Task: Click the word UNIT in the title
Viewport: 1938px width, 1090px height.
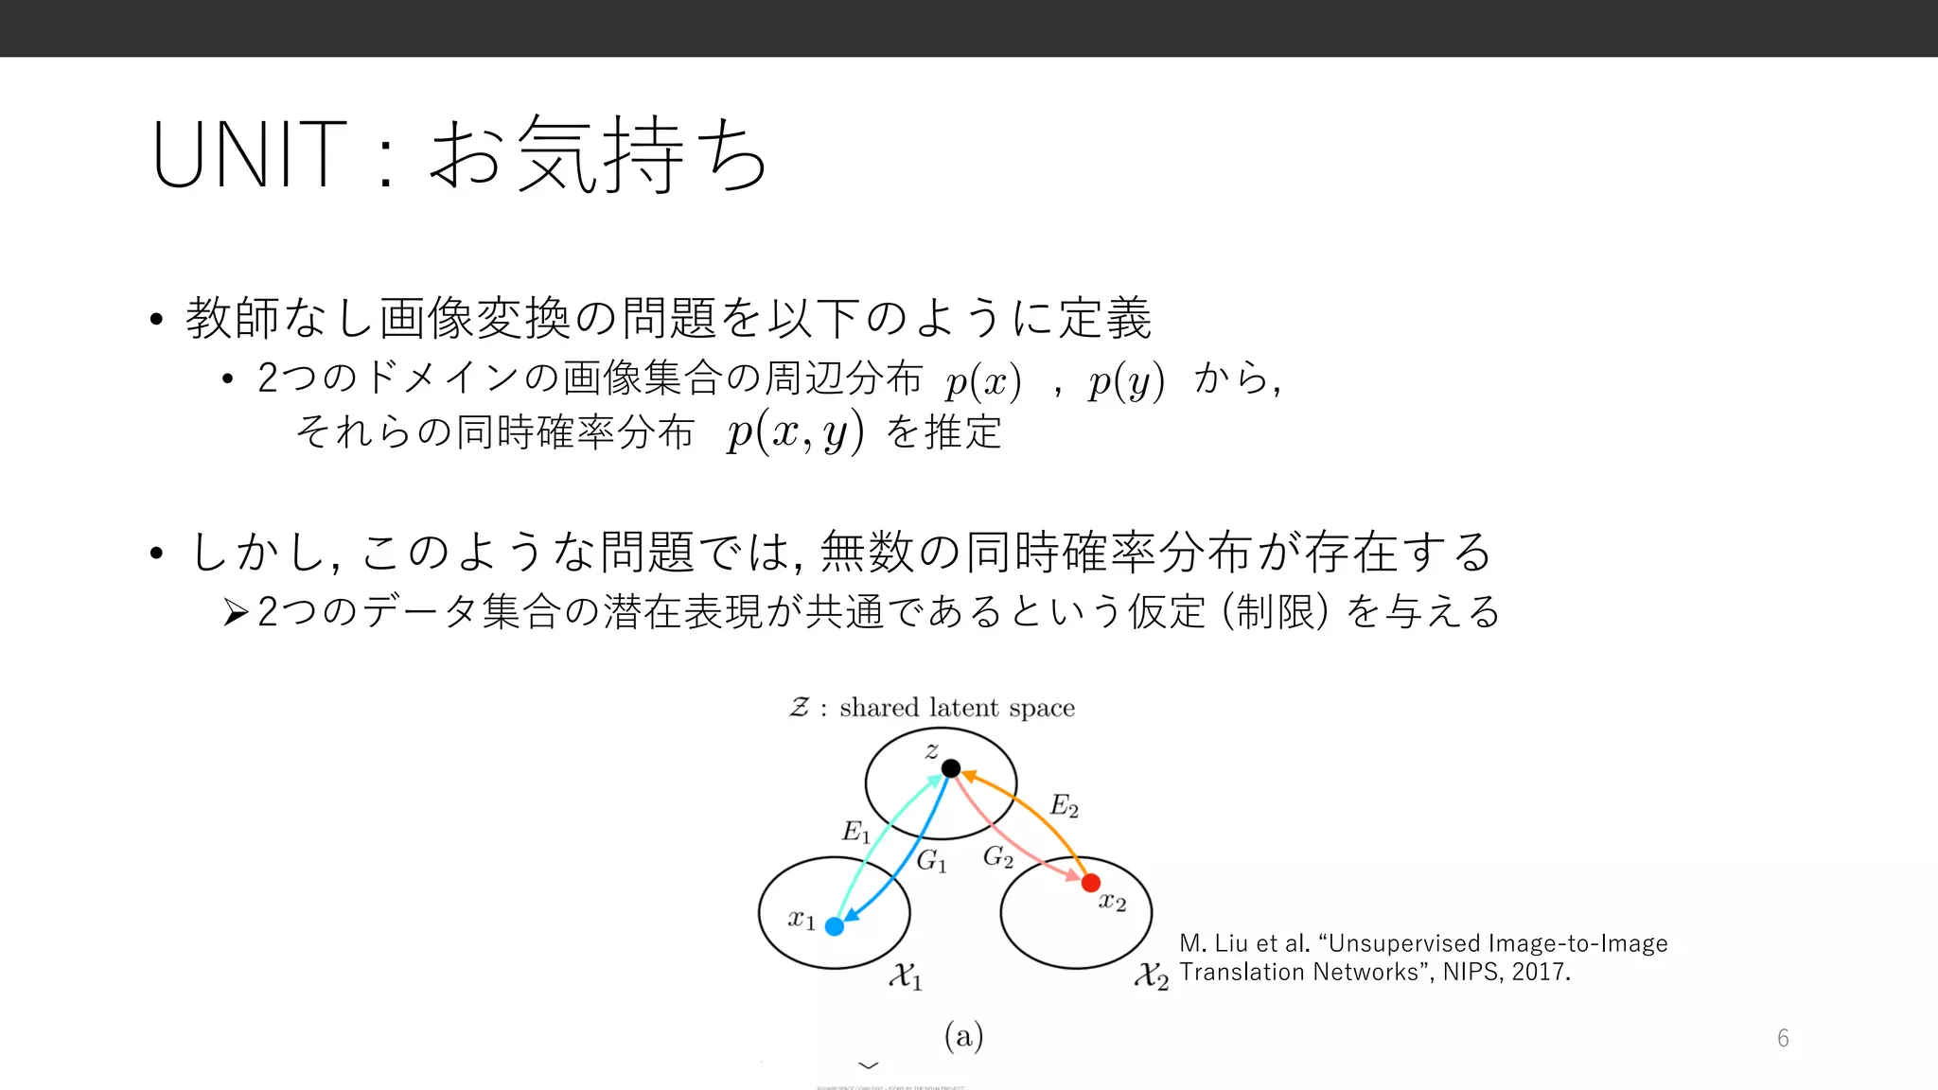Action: (x=248, y=154)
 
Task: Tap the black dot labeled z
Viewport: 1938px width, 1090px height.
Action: (x=951, y=768)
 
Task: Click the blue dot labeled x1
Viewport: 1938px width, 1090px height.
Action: (x=835, y=926)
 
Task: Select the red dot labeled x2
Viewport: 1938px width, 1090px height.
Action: (x=1091, y=883)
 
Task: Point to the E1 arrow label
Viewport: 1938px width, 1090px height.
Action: (x=855, y=832)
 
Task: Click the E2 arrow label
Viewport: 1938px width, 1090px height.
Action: (x=1064, y=806)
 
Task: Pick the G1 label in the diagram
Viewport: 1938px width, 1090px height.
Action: (x=931, y=861)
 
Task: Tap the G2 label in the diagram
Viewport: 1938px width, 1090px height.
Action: (x=997, y=857)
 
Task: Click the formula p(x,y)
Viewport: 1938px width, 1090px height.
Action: (x=795, y=433)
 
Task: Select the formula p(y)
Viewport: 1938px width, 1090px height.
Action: (x=1126, y=381)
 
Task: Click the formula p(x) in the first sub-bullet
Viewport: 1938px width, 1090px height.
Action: (x=983, y=381)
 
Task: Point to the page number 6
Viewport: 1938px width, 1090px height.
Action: (x=1783, y=1038)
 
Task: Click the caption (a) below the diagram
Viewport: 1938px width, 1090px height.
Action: (x=963, y=1036)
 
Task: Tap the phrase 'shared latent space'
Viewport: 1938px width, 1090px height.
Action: (x=957, y=708)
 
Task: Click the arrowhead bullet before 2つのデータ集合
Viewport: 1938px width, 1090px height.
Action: (x=236, y=613)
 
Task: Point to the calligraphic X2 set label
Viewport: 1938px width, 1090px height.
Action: (x=1151, y=976)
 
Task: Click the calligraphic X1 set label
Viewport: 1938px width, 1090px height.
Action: (x=905, y=976)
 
